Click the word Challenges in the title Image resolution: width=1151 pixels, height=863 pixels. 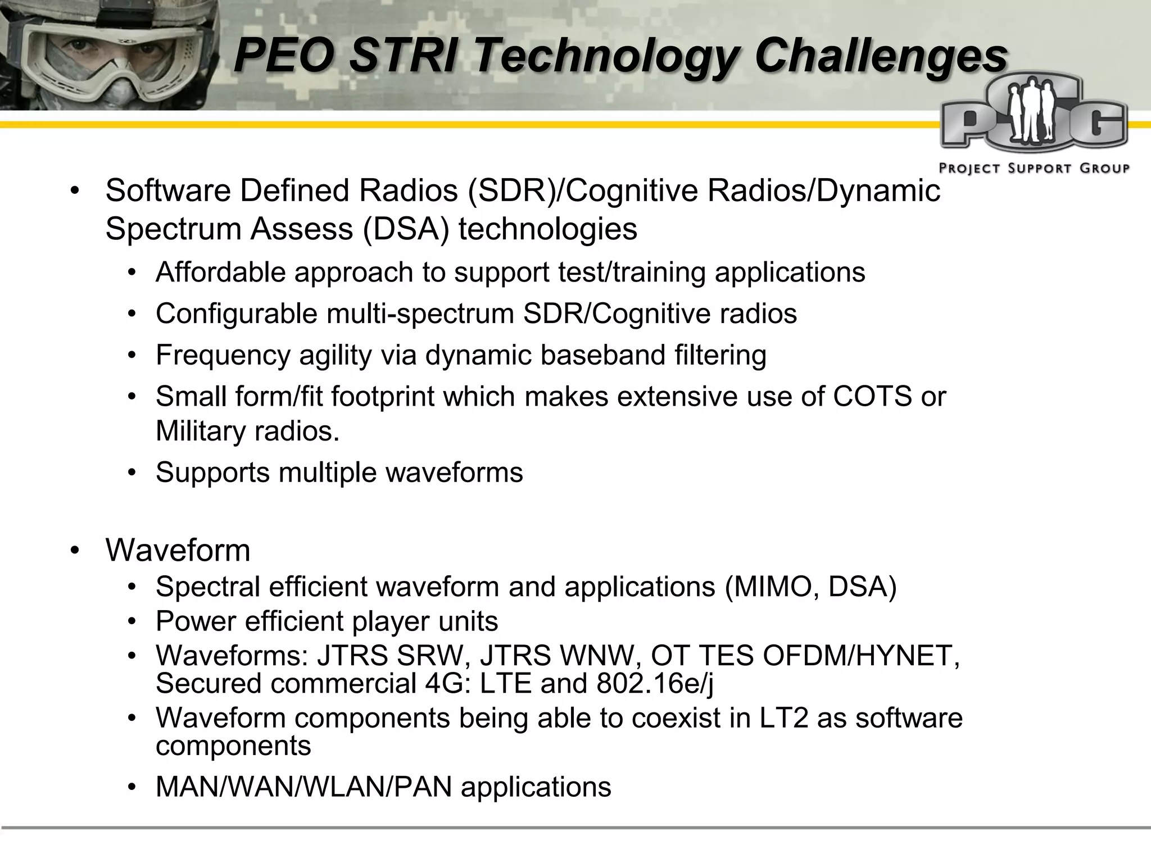tap(880, 56)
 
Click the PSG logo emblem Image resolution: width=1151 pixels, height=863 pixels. tap(1033, 118)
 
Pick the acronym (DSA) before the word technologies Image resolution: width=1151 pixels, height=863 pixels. tap(406, 229)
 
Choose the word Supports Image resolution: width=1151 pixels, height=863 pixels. tap(213, 473)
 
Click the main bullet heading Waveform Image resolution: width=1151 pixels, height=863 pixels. tap(178, 550)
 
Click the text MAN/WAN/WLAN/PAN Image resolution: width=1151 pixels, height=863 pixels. tap(303, 787)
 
